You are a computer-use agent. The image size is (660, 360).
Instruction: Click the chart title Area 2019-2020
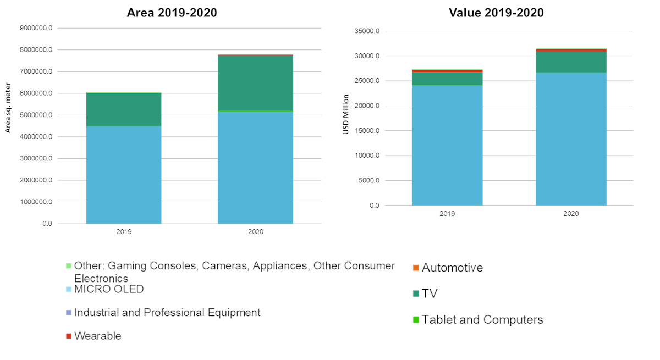(x=172, y=13)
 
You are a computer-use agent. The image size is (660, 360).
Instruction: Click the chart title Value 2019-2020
(x=496, y=13)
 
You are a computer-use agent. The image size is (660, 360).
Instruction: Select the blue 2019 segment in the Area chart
(x=124, y=175)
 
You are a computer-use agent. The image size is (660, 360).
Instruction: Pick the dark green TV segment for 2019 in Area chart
(x=124, y=109)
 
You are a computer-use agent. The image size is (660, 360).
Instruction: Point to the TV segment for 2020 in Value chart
(x=571, y=62)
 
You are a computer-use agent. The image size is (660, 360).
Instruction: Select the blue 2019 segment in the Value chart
(x=447, y=145)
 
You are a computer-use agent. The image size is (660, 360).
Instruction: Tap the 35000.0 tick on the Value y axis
(x=366, y=31)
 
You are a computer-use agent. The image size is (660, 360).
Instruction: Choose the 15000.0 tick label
(x=366, y=131)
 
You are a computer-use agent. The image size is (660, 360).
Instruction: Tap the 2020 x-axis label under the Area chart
(x=255, y=232)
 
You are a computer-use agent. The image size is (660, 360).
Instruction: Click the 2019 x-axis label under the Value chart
(x=447, y=214)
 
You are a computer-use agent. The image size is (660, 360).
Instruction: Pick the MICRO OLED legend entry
(x=109, y=289)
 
